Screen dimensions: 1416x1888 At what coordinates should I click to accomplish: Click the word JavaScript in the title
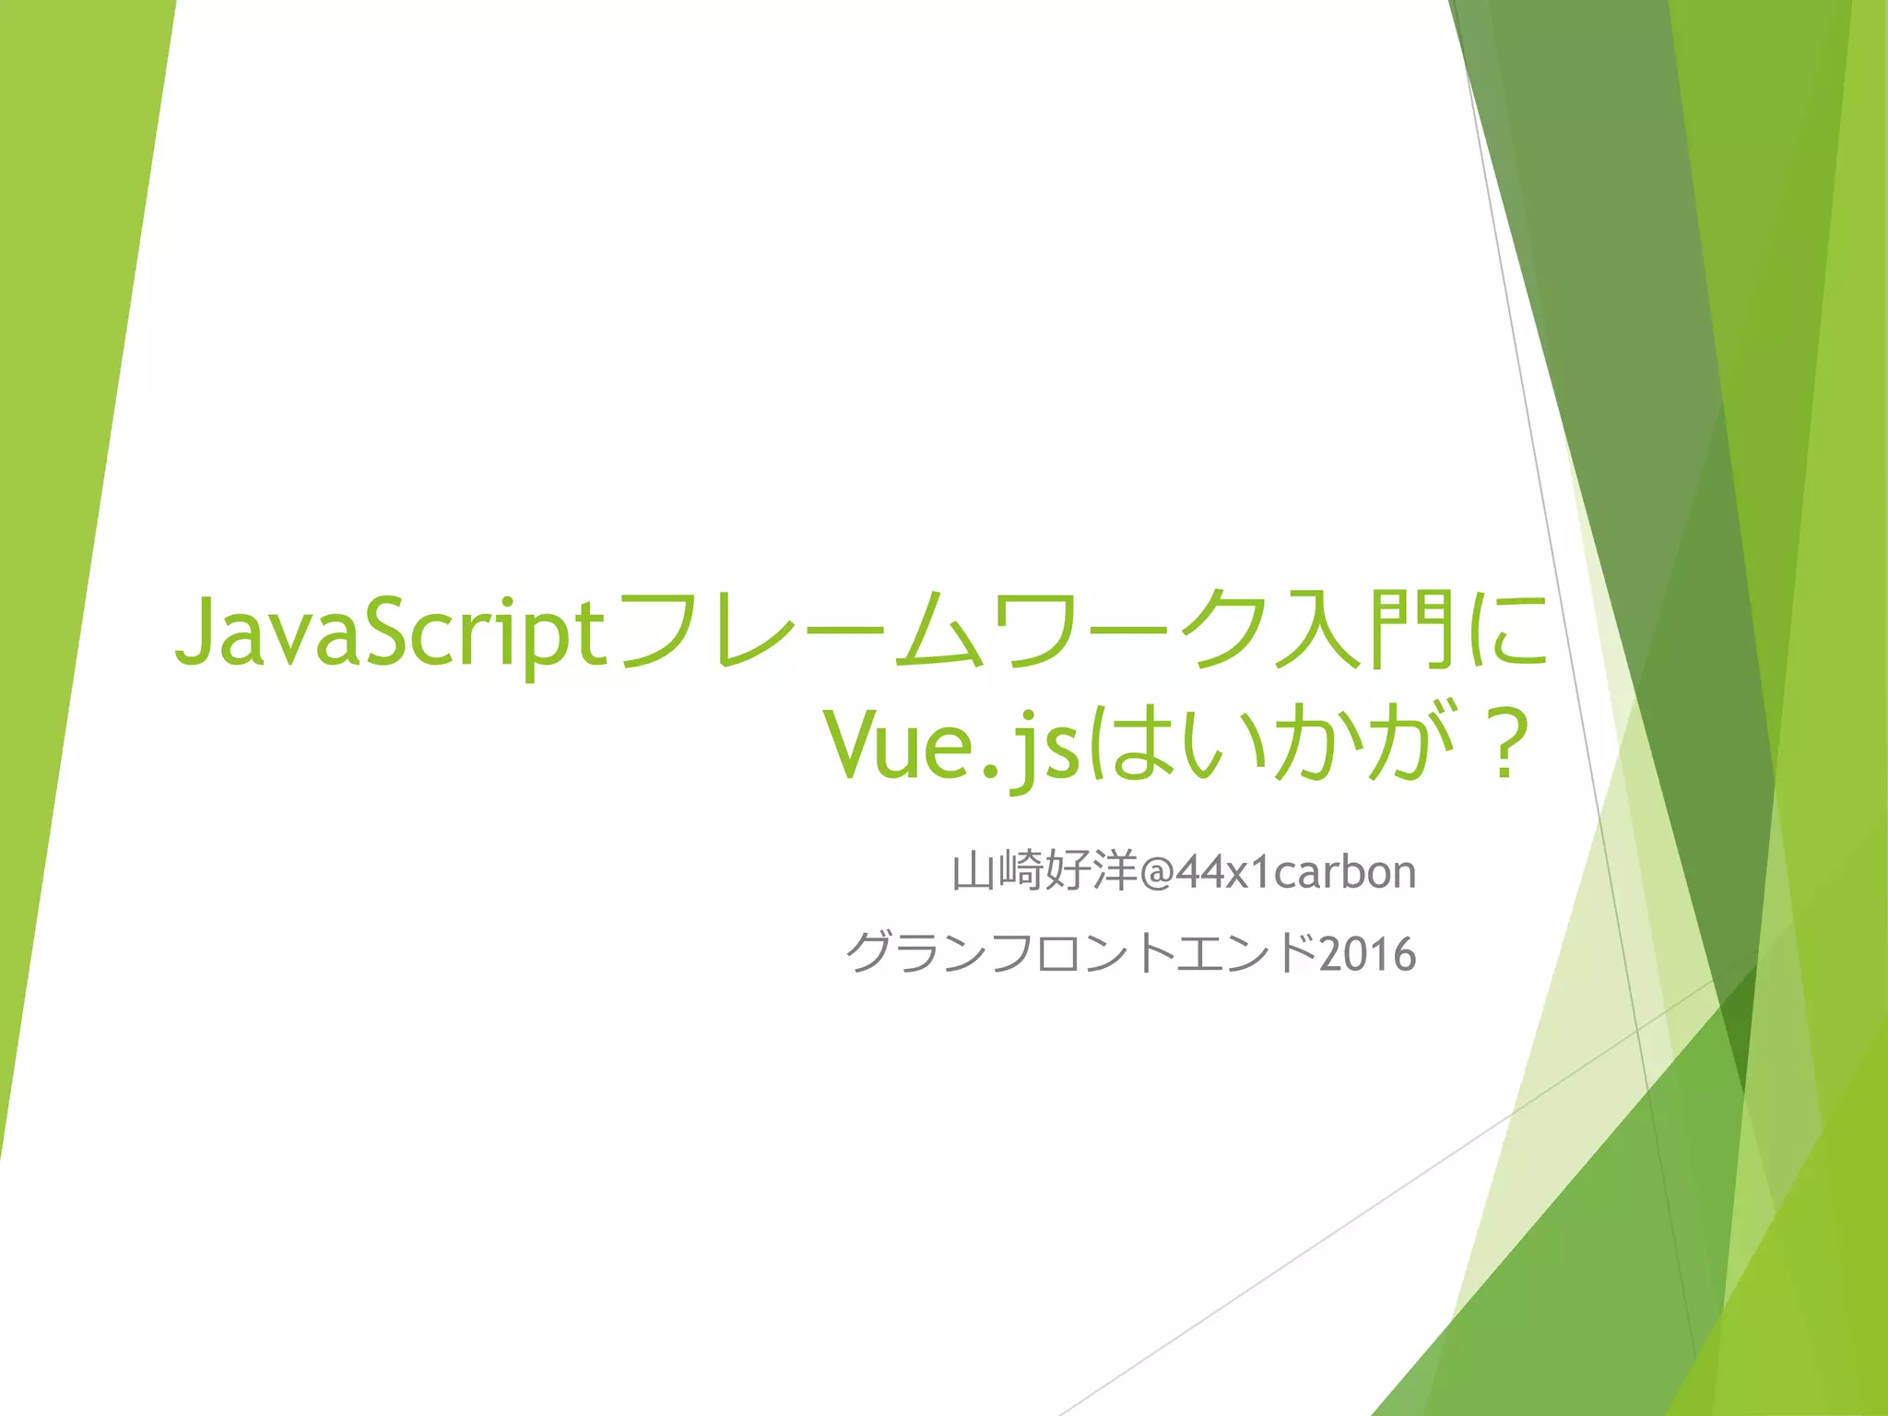point(392,633)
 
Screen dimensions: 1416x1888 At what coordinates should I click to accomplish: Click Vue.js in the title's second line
point(951,745)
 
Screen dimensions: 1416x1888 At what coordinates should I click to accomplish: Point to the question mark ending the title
point(1504,745)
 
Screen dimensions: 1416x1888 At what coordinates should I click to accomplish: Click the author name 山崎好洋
point(1044,872)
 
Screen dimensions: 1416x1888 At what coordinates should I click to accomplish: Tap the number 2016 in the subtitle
point(1367,954)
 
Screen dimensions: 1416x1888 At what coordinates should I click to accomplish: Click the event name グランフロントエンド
point(1081,954)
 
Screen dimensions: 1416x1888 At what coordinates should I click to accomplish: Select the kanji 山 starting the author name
point(973,872)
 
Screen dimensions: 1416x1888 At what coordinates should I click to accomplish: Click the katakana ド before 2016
point(1295,954)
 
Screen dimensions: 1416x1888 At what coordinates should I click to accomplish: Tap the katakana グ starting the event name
point(868,954)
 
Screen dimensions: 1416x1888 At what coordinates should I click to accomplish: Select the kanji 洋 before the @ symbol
point(1115,872)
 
